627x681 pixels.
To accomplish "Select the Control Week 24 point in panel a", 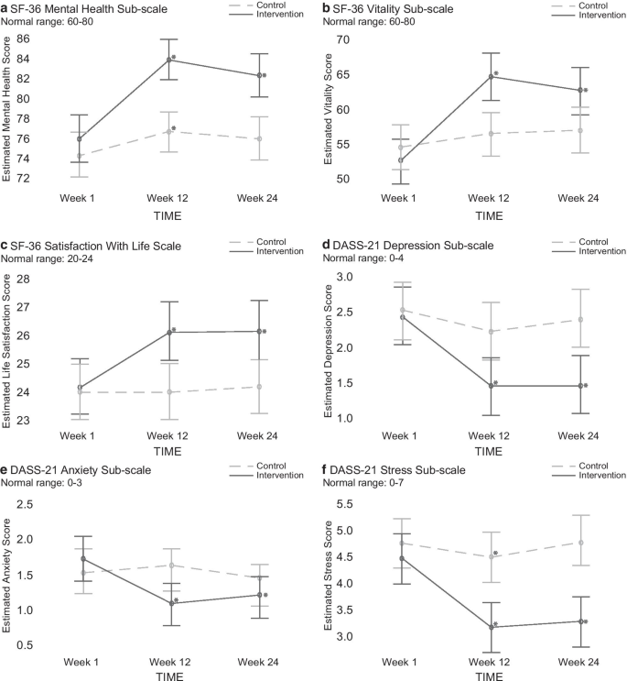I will click(259, 138).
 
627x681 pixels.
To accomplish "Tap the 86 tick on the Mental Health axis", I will click(48, 39).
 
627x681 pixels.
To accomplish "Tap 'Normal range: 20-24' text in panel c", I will click(56, 259).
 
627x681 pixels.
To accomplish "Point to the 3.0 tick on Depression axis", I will click(367, 277).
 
